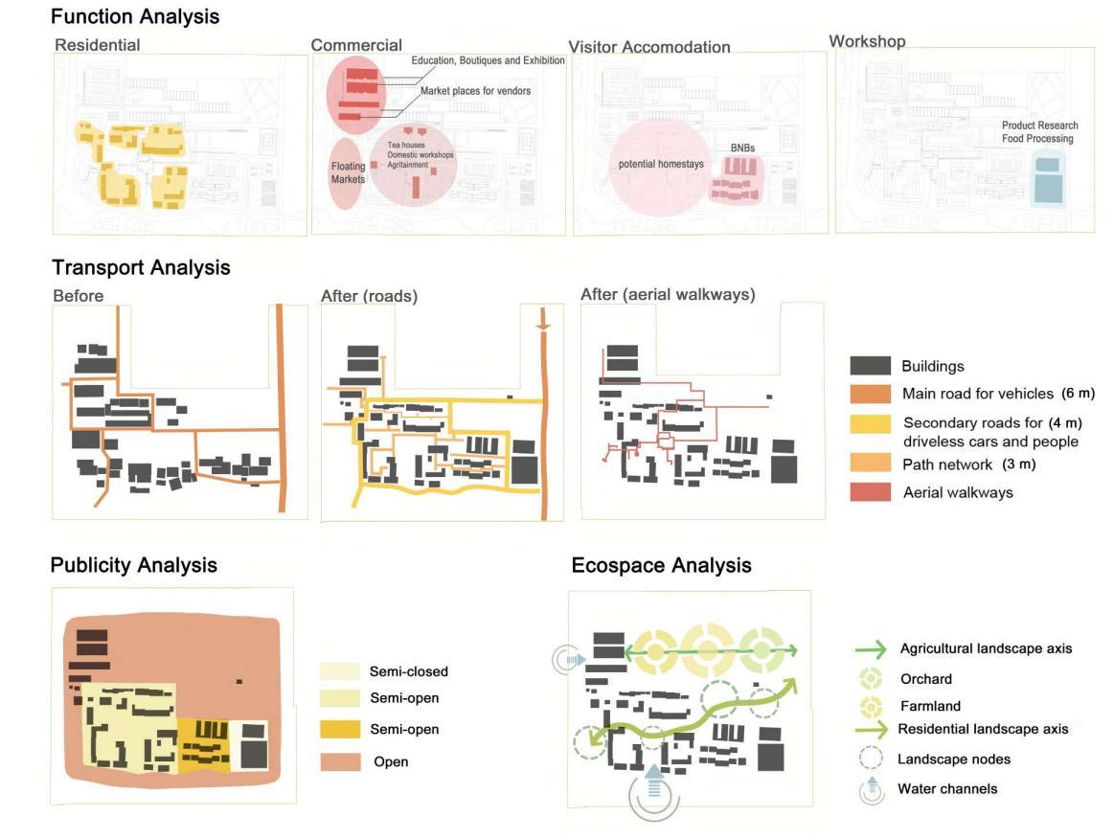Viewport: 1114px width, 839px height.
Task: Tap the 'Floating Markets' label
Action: point(348,173)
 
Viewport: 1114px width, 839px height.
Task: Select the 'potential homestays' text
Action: point(661,164)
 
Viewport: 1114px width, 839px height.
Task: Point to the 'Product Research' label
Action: point(1039,125)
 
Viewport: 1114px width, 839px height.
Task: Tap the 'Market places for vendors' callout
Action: point(475,91)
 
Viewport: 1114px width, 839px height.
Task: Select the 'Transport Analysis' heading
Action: point(141,267)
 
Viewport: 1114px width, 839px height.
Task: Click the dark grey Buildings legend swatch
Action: point(872,366)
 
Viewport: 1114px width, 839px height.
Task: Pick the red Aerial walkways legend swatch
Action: point(872,492)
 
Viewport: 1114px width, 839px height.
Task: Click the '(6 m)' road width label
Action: point(1078,393)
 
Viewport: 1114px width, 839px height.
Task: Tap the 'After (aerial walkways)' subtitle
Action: point(668,295)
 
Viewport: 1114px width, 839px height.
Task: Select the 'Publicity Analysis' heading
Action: point(133,565)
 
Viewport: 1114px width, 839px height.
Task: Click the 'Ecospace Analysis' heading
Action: point(661,565)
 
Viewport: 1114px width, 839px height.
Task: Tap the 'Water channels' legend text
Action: point(947,789)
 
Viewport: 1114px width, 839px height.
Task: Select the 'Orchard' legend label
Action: point(925,679)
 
